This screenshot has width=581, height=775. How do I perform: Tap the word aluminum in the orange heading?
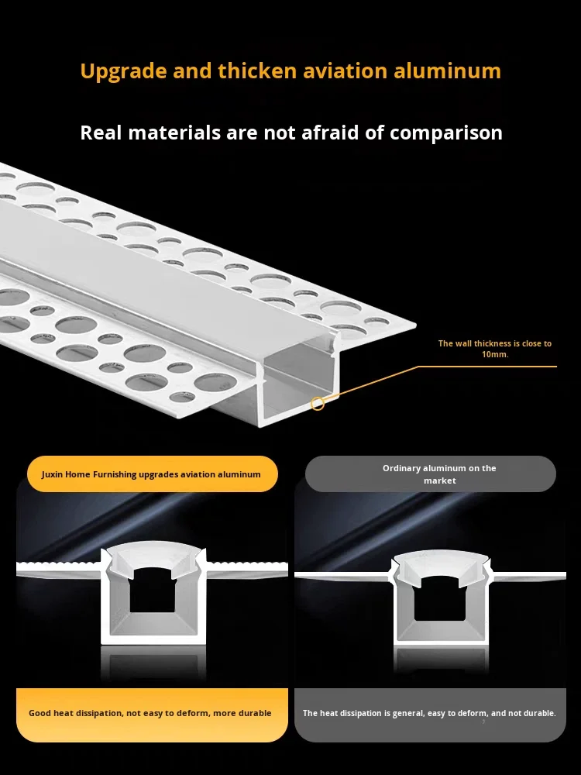coord(448,71)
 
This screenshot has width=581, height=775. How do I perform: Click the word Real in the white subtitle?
coord(101,133)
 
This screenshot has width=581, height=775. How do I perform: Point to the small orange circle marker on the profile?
coord(318,404)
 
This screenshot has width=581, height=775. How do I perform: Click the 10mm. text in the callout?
coord(495,354)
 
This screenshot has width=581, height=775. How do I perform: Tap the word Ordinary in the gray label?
coord(403,468)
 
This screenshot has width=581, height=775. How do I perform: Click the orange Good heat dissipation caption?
coord(150,713)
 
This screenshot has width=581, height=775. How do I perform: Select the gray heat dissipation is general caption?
coord(429,713)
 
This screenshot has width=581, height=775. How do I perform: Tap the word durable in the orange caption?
coord(254,713)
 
